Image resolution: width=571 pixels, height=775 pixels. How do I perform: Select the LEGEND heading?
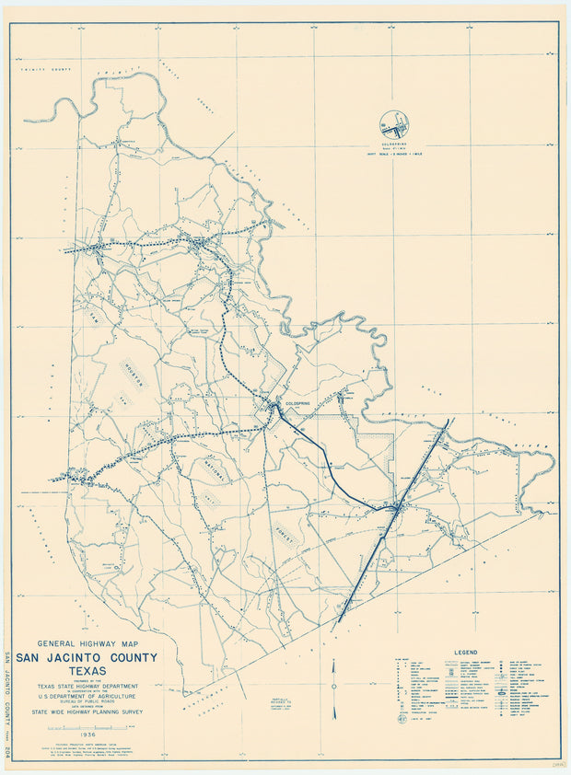click(466, 653)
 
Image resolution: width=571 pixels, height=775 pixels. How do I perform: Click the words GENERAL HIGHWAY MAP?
click(87, 643)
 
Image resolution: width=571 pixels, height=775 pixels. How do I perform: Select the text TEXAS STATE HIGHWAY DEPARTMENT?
click(87, 686)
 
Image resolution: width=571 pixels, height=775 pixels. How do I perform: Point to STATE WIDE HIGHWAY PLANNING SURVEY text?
click(87, 711)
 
